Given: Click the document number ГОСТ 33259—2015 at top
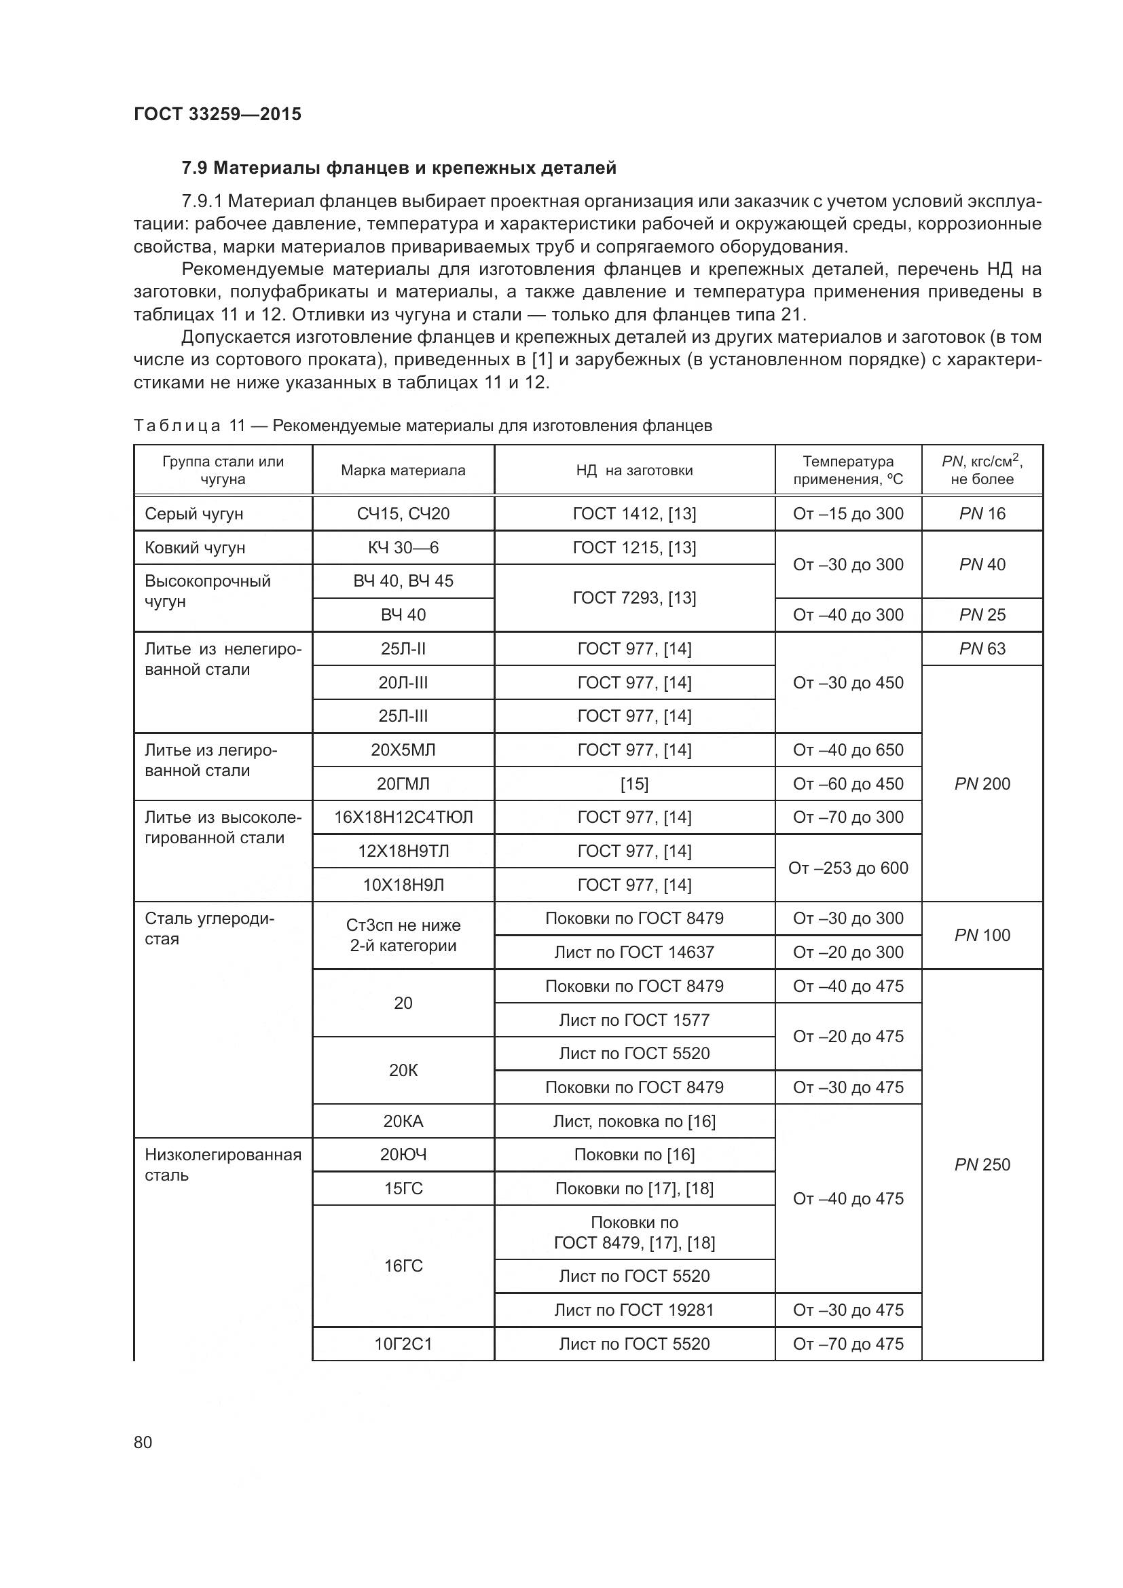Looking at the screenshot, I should click(217, 114).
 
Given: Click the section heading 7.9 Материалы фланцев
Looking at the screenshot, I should click(399, 168).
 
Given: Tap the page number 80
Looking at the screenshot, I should click(143, 1442).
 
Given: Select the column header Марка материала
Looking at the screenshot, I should click(403, 470).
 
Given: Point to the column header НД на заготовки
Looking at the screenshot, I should click(634, 470).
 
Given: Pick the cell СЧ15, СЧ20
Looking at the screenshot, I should click(403, 514).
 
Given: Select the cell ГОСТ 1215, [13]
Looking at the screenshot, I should click(634, 548).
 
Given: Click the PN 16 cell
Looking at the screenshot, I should click(982, 514).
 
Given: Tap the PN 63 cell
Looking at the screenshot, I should click(982, 649).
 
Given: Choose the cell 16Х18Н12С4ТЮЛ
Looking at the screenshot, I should click(403, 817).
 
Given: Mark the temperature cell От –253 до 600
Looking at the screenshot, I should click(848, 868).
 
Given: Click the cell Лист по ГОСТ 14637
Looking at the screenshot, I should click(634, 953).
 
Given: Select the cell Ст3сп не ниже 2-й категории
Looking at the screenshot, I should click(403, 935).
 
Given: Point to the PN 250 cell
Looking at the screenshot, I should click(982, 1165).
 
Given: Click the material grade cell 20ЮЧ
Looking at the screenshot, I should click(403, 1154).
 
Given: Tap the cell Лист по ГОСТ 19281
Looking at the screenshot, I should click(634, 1310).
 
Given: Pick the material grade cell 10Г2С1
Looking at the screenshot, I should click(403, 1344).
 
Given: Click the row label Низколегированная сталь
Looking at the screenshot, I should click(223, 1165).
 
